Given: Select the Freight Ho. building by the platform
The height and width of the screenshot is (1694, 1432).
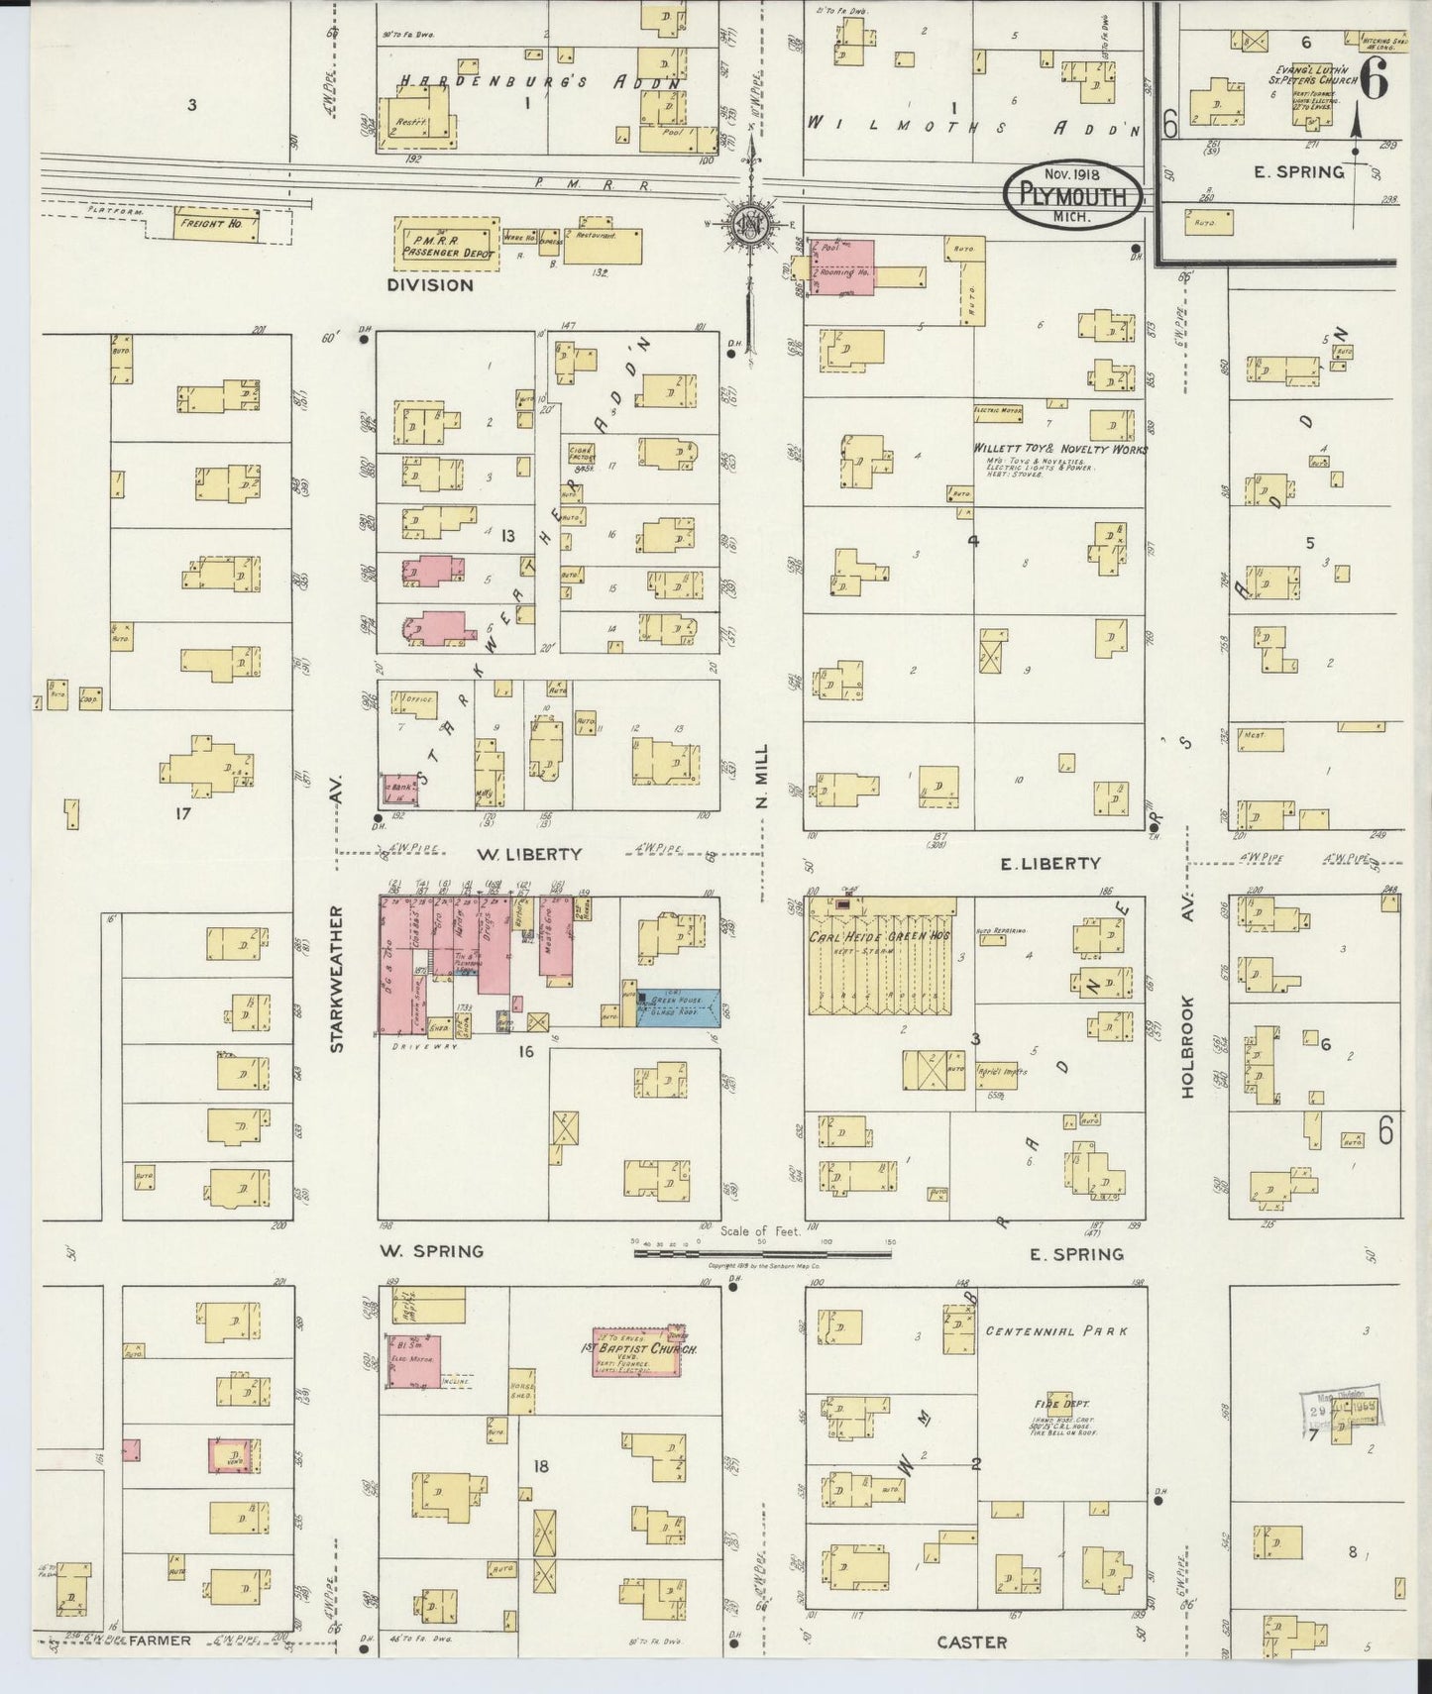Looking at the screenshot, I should coord(216,224).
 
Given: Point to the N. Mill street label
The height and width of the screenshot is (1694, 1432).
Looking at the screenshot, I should coord(762,779).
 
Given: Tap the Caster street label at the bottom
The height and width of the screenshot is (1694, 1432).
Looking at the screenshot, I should coord(972,1642).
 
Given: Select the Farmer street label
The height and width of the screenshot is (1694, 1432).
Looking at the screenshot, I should coord(159,1641).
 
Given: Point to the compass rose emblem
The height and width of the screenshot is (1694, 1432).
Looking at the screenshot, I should coord(748,223).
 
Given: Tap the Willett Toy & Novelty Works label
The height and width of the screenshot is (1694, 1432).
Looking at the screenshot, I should coord(1059,449).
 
